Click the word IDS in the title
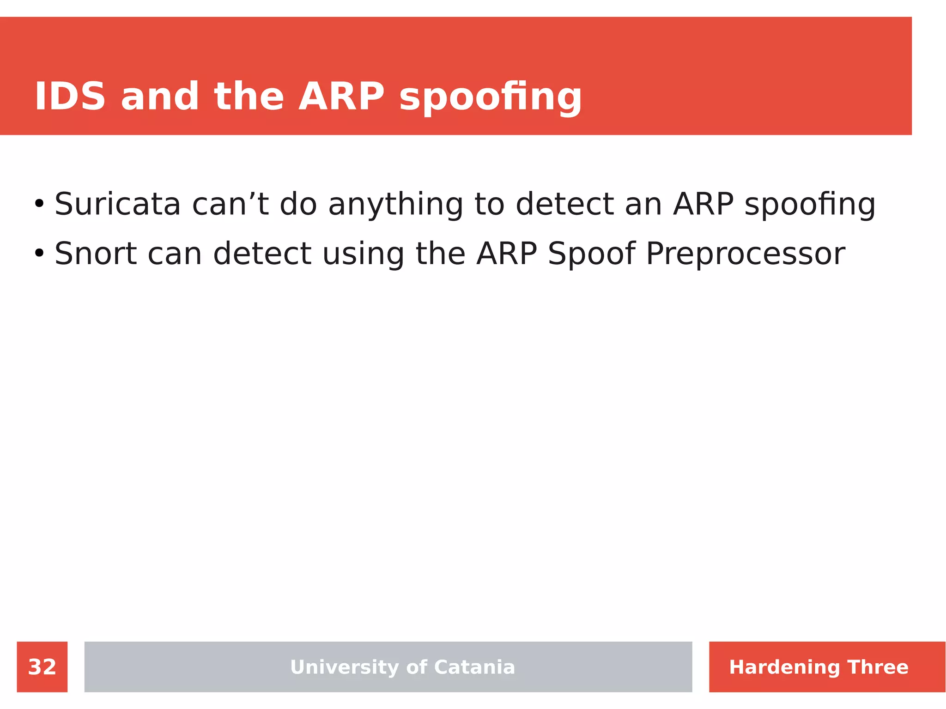[x=70, y=97]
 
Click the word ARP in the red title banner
[x=341, y=97]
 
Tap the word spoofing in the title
[x=490, y=98]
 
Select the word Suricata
[x=117, y=204]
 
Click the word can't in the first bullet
[x=230, y=204]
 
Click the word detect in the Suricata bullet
[x=564, y=204]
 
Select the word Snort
[x=96, y=254]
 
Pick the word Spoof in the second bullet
[x=591, y=255]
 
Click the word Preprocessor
[x=745, y=255]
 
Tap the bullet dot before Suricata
[x=39, y=204]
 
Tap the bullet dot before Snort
[x=39, y=254]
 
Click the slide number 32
[x=42, y=667]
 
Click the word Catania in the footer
[x=474, y=667]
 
